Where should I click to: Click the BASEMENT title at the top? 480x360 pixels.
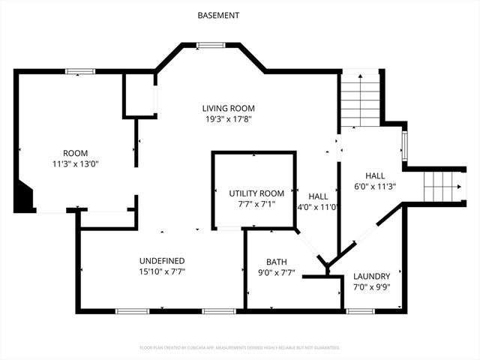click(x=218, y=15)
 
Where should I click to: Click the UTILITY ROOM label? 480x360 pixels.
click(x=256, y=193)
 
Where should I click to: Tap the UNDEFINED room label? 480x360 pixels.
click(x=162, y=261)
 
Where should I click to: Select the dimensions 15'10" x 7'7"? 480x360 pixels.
click(x=162, y=271)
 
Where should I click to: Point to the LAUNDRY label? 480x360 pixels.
click(x=371, y=275)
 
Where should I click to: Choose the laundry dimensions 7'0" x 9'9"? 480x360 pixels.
click(x=371, y=286)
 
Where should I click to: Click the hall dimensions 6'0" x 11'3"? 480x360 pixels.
click(x=374, y=187)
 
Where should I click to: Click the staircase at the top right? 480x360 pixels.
click(x=360, y=98)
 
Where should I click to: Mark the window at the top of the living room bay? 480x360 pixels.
click(x=211, y=45)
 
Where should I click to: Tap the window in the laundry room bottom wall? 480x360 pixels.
click(x=361, y=310)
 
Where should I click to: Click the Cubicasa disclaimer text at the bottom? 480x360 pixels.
click(x=240, y=348)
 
